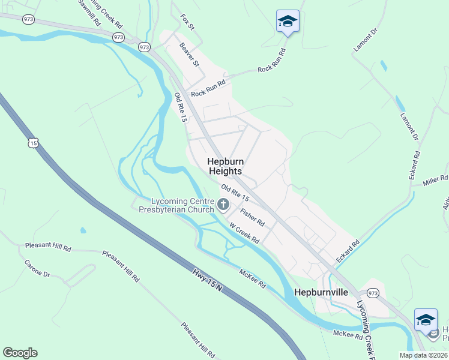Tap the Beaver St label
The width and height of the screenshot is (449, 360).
188,55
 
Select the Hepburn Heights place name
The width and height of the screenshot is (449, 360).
225,166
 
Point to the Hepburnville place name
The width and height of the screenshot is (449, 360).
322,292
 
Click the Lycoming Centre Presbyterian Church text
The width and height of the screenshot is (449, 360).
176,205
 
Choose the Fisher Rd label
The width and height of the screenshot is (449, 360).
252,217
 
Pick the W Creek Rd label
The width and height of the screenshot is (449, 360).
244,233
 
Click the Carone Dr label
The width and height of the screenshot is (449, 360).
37,268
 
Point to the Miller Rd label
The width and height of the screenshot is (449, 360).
435,179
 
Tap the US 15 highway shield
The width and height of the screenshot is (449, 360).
33,143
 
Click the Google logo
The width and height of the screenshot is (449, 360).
20,353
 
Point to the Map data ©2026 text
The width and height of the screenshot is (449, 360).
423,355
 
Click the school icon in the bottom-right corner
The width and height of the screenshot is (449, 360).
426,319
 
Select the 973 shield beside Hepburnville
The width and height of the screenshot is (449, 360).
373,293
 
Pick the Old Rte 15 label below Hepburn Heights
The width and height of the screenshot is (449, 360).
235,193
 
